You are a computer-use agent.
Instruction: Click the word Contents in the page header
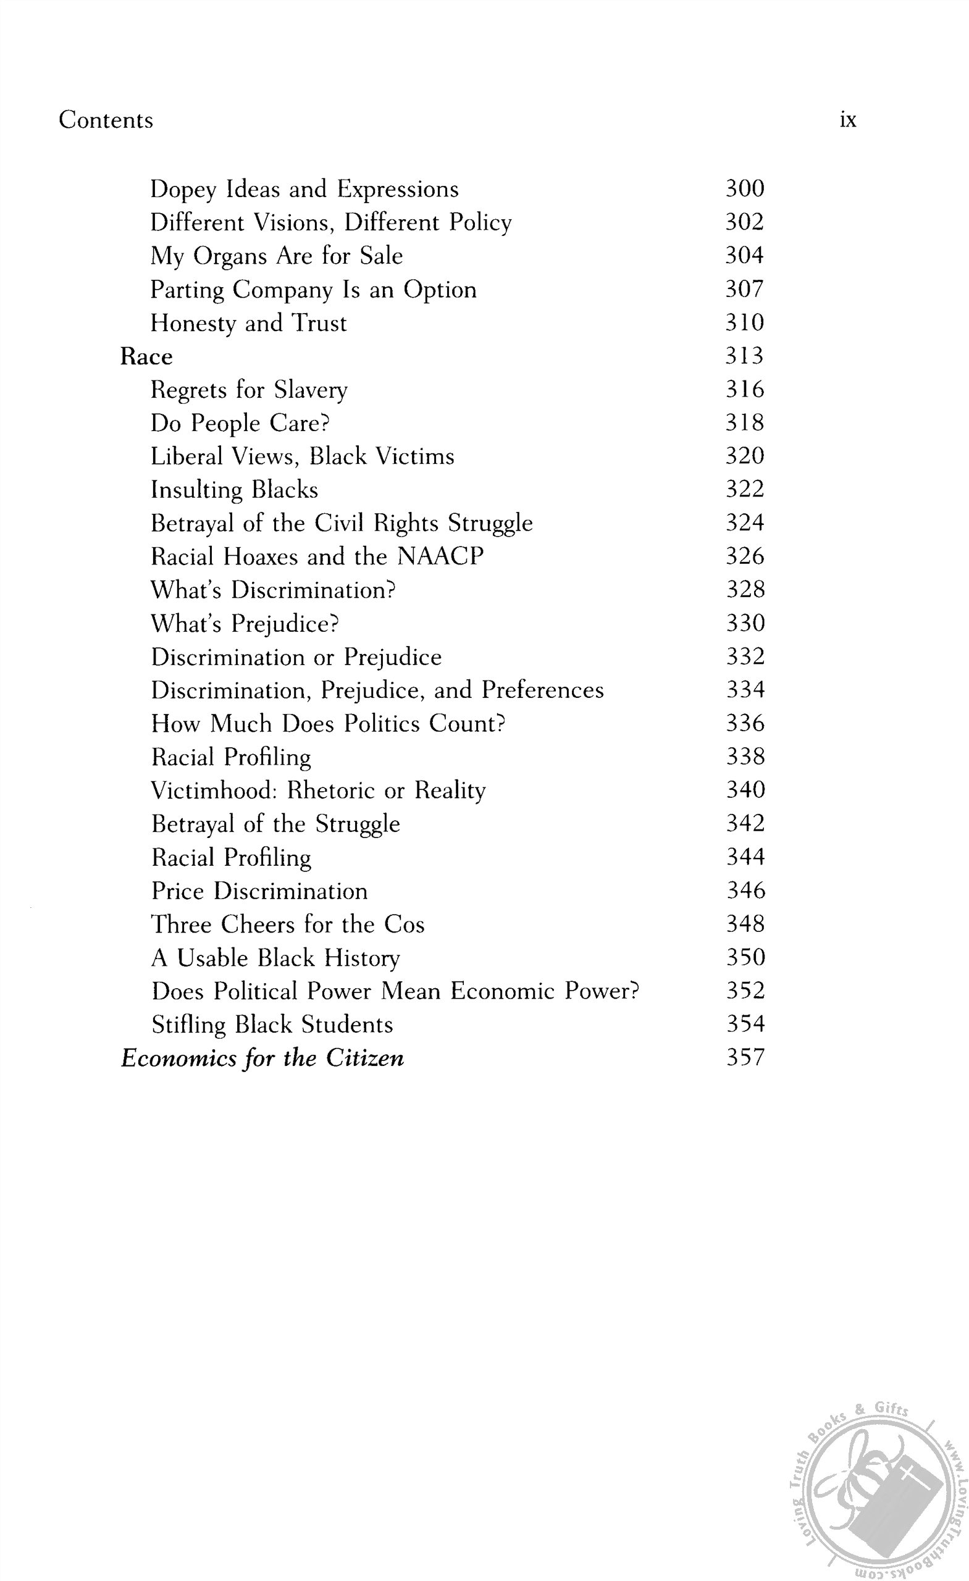(106, 120)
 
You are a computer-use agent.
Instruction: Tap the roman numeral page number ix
(848, 120)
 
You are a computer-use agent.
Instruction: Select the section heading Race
(146, 357)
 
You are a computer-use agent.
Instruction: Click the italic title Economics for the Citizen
(262, 1058)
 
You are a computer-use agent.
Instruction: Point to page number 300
(744, 188)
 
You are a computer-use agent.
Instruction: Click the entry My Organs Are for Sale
(277, 256)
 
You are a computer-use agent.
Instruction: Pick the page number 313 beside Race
(744, 356)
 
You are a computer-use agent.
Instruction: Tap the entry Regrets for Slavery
(249, 390)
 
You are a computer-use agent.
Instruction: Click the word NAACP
(440, 556)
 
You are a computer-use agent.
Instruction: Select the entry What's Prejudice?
(245, 624)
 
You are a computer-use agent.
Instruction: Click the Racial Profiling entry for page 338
(231, 757)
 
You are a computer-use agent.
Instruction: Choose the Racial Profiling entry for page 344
(231, 858)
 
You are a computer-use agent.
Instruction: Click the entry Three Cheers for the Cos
(288, 925)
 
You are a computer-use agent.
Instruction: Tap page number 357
(745, 1057)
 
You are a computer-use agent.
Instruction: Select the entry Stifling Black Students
(272, 1025)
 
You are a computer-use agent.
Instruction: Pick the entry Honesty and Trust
(248, 323)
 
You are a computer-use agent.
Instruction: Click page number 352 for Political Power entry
(745, 991)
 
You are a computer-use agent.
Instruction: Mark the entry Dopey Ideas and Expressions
(304, 189)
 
